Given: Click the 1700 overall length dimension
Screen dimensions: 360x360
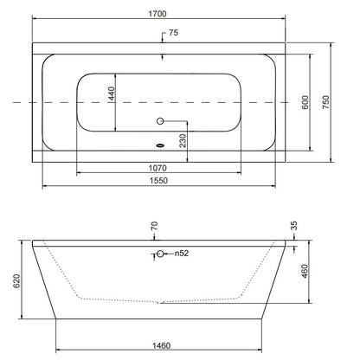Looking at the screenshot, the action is (x=157, y=14).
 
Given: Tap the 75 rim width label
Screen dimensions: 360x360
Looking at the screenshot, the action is (x=173, y=33).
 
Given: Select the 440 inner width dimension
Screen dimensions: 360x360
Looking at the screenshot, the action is (x=112, y=93).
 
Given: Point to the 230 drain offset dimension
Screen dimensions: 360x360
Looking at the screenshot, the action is (x=183, y=140).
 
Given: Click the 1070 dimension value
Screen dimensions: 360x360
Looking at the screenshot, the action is (x=157, y=168).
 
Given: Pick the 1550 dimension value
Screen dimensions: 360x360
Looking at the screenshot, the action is (x=158, y=180).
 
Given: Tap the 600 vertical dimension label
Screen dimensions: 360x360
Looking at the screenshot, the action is (x=305, y=102).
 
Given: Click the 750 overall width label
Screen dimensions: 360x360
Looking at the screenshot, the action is (x=325, y=102).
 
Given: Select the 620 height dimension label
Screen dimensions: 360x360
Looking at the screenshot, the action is (x=16, y=281).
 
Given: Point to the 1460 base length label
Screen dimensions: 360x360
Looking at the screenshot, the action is (x=161, y=345).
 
